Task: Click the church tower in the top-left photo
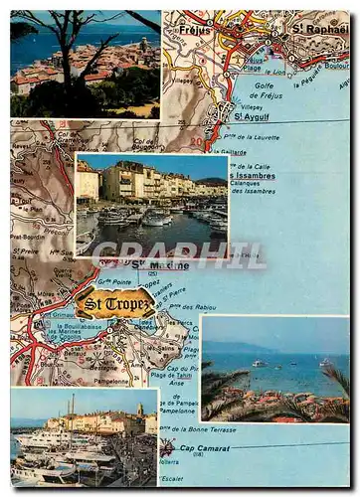pyautogui.click(x=144, y=45)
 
